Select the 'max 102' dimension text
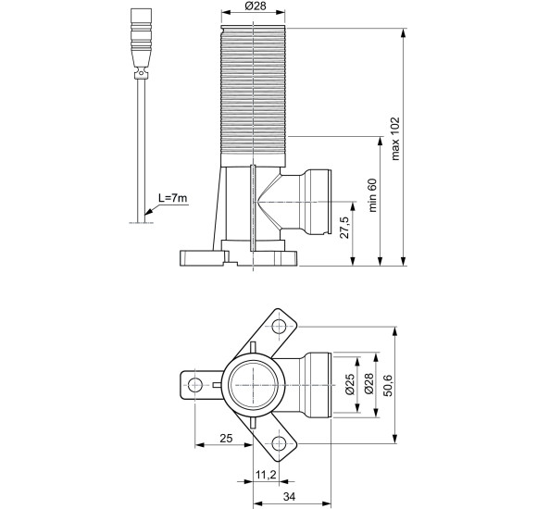tap(395, 140)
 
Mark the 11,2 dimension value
tap(265, 475)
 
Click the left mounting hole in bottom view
tap(194, 384)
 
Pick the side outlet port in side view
tap(315, 204)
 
